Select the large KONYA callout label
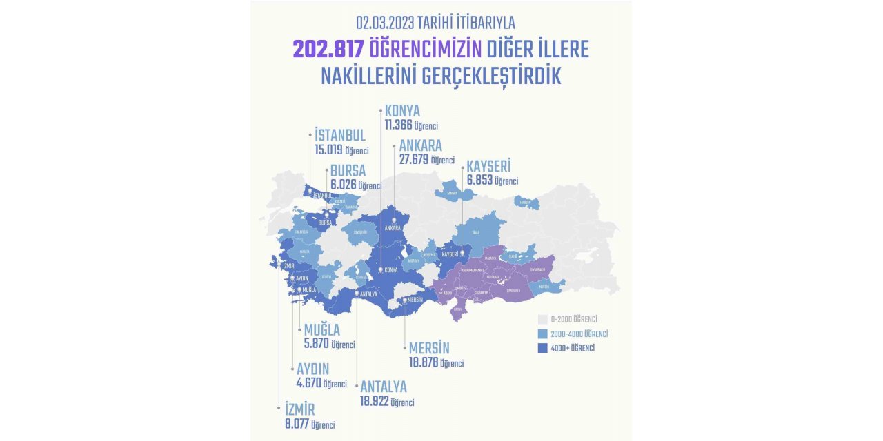402,112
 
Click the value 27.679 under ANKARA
414,159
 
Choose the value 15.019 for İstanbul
328,150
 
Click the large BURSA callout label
348,171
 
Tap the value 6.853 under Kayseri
480,181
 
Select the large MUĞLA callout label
321,331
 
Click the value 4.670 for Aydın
309,383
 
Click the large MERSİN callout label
428,349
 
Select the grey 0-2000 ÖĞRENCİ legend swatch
542,319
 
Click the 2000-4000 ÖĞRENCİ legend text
579,334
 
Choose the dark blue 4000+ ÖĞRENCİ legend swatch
542,349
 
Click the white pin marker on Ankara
394,220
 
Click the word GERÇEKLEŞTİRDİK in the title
482,76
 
